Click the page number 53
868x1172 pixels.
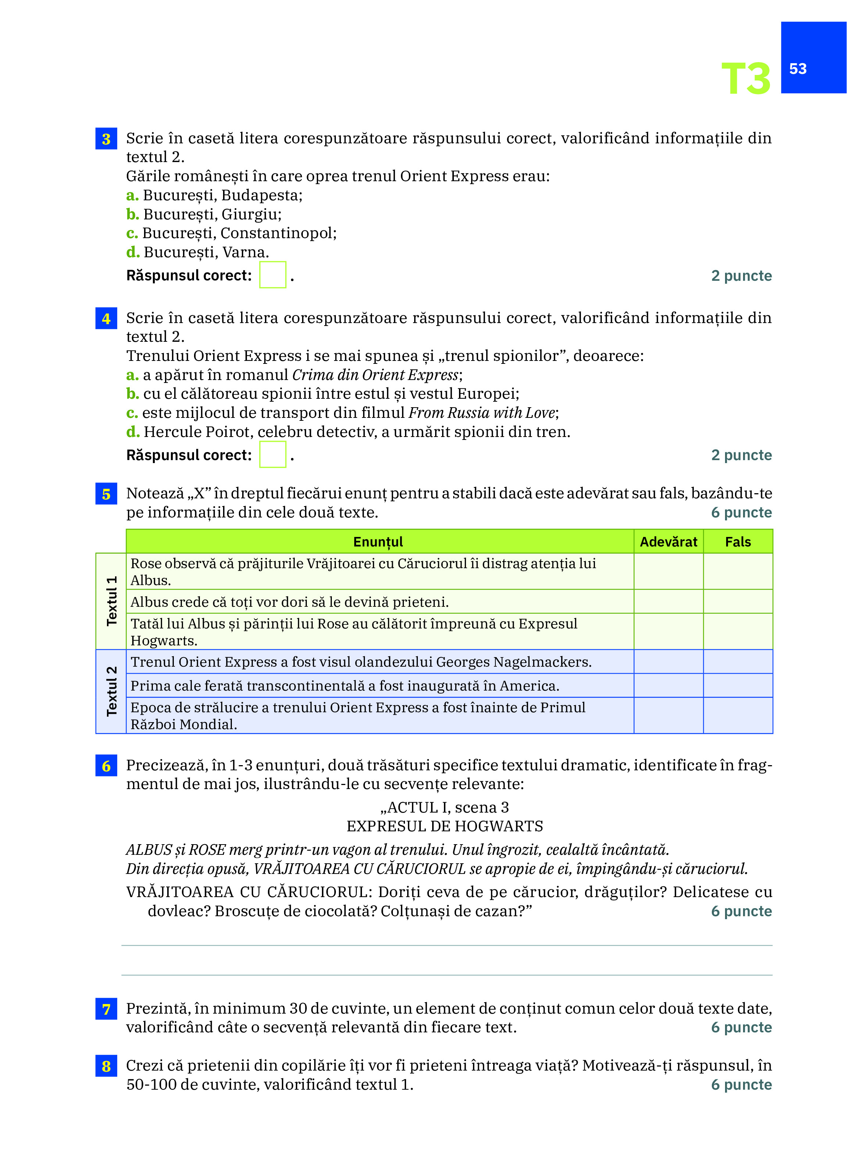[797, 69]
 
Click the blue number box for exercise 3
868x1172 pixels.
[106, 139]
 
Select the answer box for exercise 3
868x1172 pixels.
[273, 275]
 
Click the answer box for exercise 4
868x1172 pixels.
[273, 454]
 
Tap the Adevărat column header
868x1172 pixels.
[668, 542]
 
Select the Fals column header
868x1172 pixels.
[738, 542]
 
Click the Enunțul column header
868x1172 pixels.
[378, 542]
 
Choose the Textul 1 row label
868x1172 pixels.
[111, 601]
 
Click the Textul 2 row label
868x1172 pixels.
[111, 691]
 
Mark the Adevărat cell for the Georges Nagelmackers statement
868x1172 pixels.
[668, 662]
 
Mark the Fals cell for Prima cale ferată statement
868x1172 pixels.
[738, 685]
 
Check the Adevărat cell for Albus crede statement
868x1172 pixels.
[668, 602]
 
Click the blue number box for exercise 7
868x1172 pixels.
[106, 1009]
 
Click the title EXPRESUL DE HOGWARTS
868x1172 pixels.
[445, 826]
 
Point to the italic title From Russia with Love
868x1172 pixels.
[481, 413]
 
